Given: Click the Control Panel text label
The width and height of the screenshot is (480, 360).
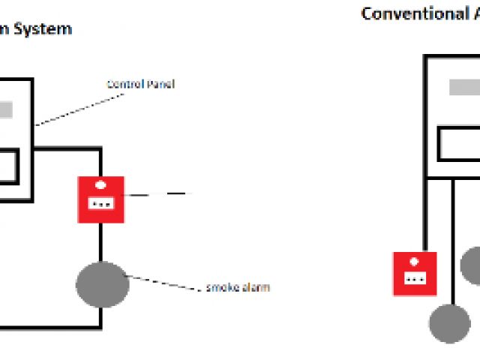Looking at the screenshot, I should [x=140, y=85].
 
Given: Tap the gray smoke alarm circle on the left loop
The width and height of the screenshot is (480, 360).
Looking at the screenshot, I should [x=103, y=285].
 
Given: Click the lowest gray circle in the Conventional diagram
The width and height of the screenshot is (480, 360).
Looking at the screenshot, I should [x=450, y=323].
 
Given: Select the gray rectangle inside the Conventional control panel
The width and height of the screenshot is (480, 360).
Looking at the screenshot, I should [x=464, y=87].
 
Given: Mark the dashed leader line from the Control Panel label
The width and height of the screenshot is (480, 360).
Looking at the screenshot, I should [x=71, y=105].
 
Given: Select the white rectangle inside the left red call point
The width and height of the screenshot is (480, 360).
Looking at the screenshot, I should [x=100, y=203].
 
